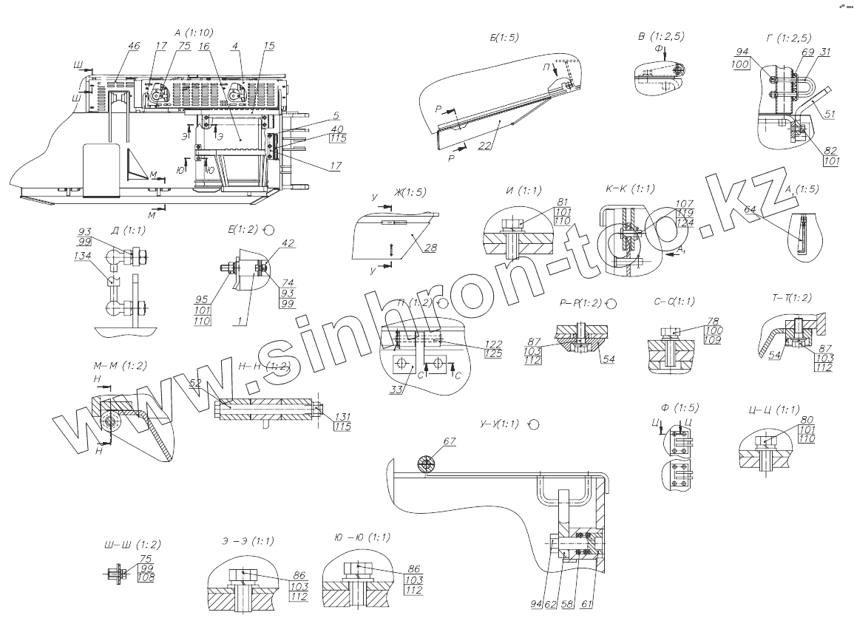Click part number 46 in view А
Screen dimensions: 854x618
(x=133, y=47)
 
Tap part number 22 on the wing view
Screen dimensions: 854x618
(x=484, y=145)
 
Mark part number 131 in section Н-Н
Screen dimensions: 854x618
(x=342, y=416)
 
